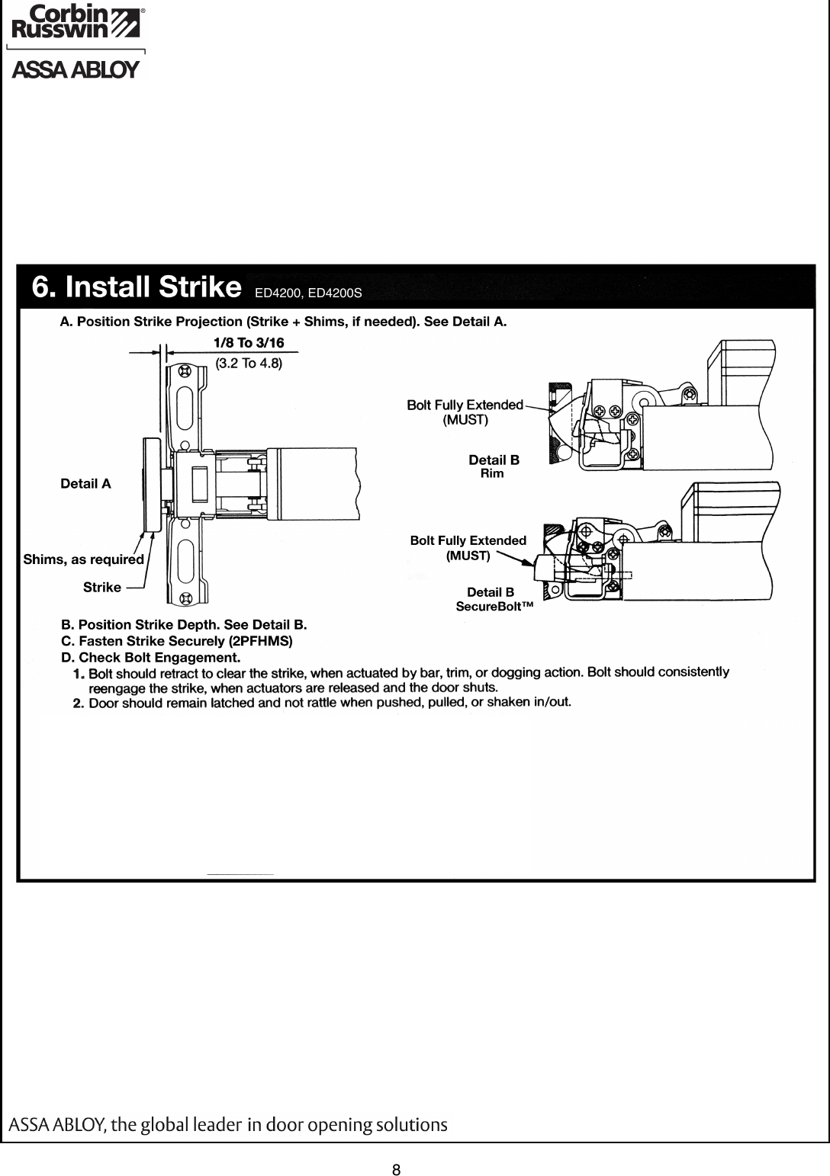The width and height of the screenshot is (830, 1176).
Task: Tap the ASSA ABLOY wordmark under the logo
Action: pos(75,71)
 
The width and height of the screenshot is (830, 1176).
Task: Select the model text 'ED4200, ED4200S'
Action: pos(307,292)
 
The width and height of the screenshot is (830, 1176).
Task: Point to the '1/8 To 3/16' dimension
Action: pos(248,344)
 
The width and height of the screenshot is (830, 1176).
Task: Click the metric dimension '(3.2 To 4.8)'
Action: pos(249,363)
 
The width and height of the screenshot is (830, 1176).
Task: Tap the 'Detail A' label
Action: pos(85,483)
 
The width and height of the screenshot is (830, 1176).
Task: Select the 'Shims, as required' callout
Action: pos(84,559)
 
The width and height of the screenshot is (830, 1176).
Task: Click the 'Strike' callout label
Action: pos(102,587)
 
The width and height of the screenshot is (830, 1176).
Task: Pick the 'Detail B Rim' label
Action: pos(494,466)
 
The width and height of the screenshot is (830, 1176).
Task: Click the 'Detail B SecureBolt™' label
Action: pos(492,599)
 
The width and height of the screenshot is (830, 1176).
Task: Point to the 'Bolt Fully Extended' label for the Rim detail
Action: pos(465,411)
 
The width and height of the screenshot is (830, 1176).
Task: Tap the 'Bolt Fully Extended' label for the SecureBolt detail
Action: pos(468,547)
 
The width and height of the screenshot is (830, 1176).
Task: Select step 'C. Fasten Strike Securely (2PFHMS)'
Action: pos(176,641)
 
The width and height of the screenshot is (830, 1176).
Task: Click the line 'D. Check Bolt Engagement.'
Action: pos(150,657)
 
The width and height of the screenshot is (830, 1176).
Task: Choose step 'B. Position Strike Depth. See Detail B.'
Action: pos(183,625)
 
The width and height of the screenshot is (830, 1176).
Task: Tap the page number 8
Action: pos(397,1149)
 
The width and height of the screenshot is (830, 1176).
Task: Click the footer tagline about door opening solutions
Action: pos(227,1125)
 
